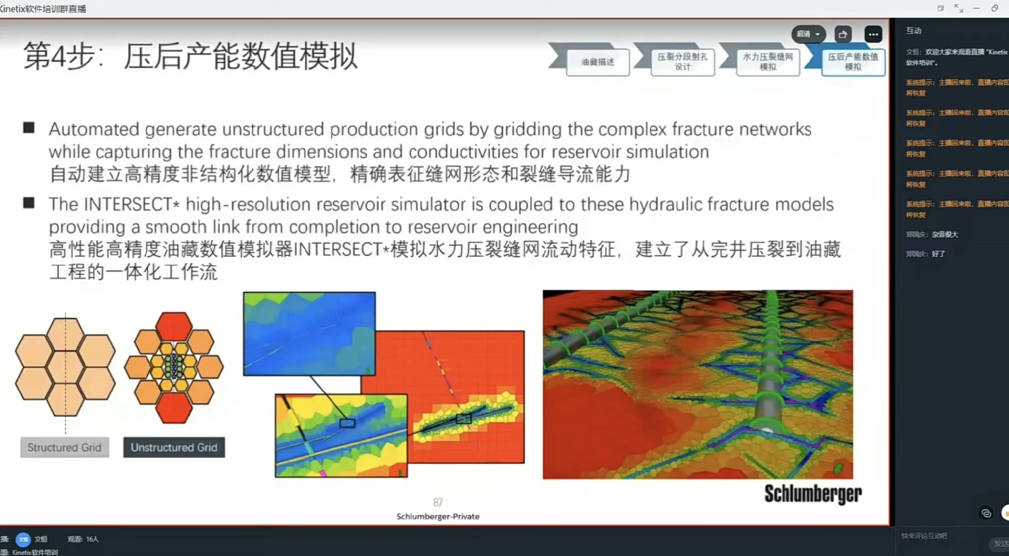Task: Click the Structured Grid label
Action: [x=65, y=447]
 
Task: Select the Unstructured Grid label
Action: [x=174, y=447]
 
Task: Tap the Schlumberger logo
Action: [x=812, y=493]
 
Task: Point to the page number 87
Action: [x=438, y=502]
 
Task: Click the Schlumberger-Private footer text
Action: [x=438, y=517]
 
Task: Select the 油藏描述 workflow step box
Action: [x=598, y=62]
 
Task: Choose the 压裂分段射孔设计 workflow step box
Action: [x=682, y=62]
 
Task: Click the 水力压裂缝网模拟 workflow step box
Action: [x=768, y=62]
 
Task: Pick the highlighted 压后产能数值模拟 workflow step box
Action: [x=853, y=62]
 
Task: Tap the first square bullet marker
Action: [x=29, y=128]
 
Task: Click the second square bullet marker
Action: [x=29, y=203]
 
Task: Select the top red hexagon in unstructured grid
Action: [x=174, y=326]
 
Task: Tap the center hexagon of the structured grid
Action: [x=65, y=367]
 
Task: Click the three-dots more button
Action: [x=873, y=34]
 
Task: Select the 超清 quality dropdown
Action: [x=808, y=34]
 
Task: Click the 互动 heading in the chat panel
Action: [x=913, y=30]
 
